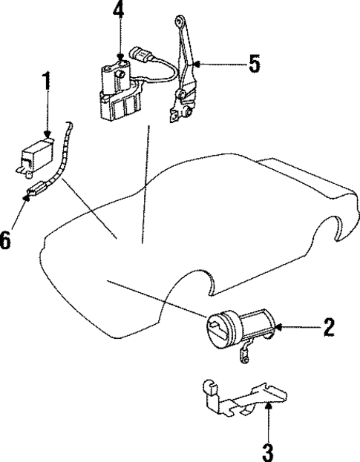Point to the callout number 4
click(120, 12)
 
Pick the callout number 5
click(254, 65)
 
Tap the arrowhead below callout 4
click(120, 55)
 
